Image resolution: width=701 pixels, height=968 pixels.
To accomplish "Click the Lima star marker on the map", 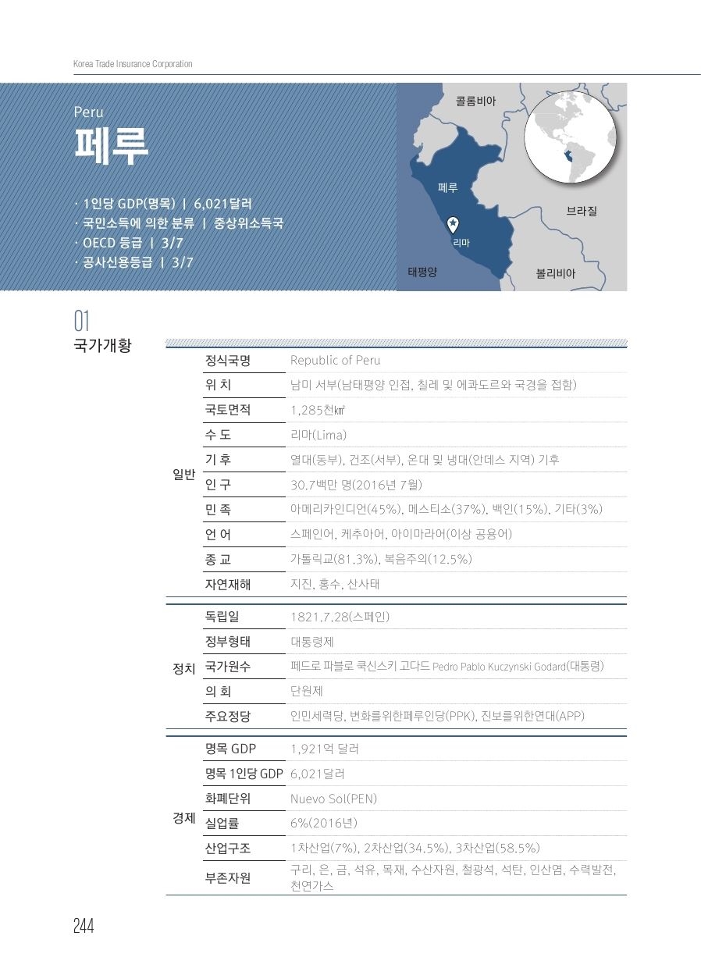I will (453, 225).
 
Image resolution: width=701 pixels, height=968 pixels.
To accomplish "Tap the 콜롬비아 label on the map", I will (475, 101).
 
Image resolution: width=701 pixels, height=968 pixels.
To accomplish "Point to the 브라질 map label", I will (582, 211).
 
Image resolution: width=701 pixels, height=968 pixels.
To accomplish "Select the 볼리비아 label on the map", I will (555, 274).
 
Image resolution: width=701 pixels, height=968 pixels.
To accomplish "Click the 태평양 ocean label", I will (422, 272).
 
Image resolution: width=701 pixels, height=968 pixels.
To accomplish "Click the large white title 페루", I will (112, 145).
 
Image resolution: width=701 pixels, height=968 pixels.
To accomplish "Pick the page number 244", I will (84, 926).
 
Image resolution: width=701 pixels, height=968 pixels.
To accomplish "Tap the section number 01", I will (82, 322).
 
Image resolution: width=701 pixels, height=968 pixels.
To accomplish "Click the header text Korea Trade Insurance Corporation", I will (133, 64).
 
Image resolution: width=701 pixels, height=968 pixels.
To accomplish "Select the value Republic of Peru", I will (335, 361).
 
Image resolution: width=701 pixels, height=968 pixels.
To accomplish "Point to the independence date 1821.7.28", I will (318, 617).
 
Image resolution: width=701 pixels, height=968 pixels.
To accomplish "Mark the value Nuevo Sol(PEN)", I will (333, 799).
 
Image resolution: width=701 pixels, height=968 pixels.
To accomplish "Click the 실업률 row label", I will (222, 824).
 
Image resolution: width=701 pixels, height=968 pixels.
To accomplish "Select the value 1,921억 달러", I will (324, 749).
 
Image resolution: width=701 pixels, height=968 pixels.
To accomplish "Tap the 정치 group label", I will (183, 668).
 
